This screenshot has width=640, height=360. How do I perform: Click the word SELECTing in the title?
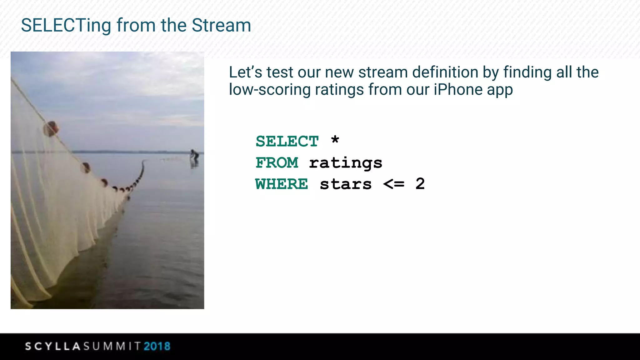pyautogui.click(x=66, y=26)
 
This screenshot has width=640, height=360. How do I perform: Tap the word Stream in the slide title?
pyautogui.click(x=221, y=25)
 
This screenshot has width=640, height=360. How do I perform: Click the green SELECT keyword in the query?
pyautogui.click(x=287, y=141)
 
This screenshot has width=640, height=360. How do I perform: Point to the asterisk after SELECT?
pyautogui.click(x=335, y=140)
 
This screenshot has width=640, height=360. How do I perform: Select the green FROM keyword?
pyautogui.click(x=277, y=162)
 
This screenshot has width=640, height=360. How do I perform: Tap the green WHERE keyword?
pyautogui.click(x=282, y=184)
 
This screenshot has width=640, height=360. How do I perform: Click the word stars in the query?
pyautogui.click(x=346, y=184)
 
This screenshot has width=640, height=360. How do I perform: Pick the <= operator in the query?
pyautogui.click(x=394, y=184)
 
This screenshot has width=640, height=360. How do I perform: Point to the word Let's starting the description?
pyautogui.click(x=245, y=72)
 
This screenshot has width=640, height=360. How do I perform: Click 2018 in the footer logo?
pyautogui.click(x=157, y=346)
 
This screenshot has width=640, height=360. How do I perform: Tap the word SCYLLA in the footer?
pyautogui.click(x=53, y=346)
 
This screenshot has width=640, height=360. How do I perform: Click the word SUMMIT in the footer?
pyautogui.click(x=112, y=346)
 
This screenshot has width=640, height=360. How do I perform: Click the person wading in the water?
pyautogui.click(x=194, y=156)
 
